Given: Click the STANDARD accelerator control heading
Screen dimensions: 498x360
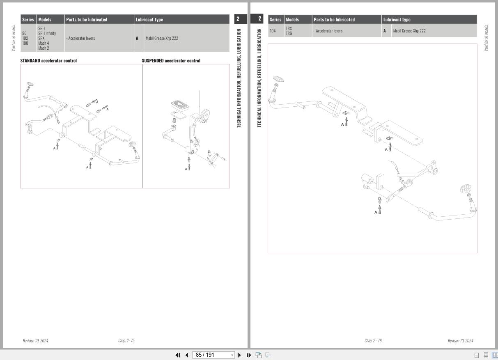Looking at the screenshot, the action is coord(48,61).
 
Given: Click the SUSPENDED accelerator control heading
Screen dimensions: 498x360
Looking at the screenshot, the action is coord(171,61).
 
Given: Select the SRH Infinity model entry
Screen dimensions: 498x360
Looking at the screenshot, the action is coord(47,33).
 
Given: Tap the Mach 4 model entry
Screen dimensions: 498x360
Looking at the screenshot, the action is coord(44,43).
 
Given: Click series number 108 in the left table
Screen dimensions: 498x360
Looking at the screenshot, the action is coord(25,43).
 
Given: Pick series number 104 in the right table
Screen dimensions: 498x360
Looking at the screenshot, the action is coord(273,31).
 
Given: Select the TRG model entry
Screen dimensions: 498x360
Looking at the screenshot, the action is coord(289,33).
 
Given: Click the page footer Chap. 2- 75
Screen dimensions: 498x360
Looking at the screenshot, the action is coord(126,340).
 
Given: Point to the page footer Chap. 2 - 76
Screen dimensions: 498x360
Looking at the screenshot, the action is coord(373,340).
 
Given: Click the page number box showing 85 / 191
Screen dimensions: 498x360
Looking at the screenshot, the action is coord(213,355).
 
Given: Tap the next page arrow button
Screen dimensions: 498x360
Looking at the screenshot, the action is coord(239,355).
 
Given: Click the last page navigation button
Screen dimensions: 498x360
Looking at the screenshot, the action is coord(249,355).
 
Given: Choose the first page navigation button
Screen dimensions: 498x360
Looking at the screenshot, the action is coord(178,355).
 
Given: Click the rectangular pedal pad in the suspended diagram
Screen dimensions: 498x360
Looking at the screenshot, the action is coord(180,105).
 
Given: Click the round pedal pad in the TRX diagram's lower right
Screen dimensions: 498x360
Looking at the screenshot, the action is coord(465,189).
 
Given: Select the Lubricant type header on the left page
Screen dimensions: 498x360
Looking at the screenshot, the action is coord(149,20).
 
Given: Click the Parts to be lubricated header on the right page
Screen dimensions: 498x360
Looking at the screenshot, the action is coord(334,20).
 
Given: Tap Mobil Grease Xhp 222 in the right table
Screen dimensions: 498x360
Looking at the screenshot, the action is coord(409,31).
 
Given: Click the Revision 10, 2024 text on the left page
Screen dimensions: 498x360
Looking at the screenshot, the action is coord(35,341).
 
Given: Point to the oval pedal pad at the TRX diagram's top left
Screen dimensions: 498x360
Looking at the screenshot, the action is coord(278,79).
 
